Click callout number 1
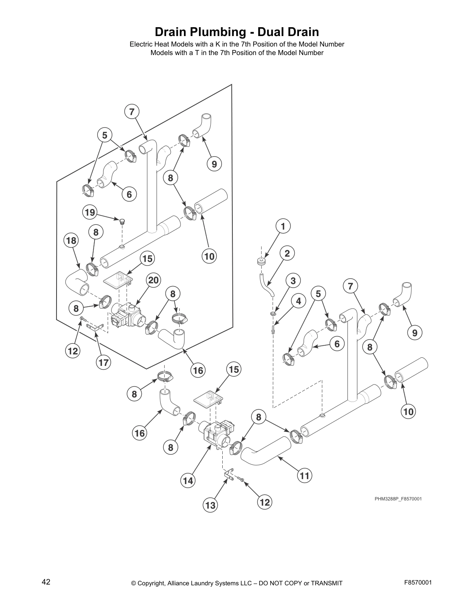[x=283, y=226]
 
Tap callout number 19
[x=89, y=212]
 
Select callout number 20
[x=153, y=280]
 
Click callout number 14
[x=188, y=481]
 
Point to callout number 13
[x=210, y=505]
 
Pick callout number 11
[x=305, y=475]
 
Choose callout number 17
[x=103, y=362]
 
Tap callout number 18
[x=71, y=240]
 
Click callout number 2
[x=287, y=254]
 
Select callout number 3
[x=293, y=281]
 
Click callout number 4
[x=299, y=301]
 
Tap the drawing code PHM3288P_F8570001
[x=398, y=498]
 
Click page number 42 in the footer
[x=46, y=581]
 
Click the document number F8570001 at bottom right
[x=417, y=582]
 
